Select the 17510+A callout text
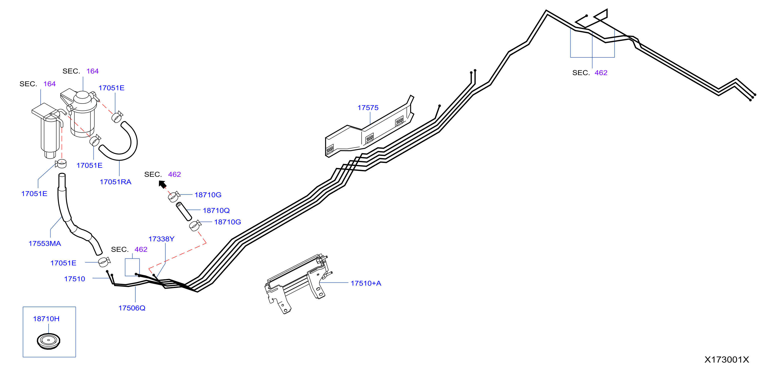(366, 283)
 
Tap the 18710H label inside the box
(46, 319)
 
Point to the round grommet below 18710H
(48, 341)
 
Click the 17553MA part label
(45, 244)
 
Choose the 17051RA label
(116, 182)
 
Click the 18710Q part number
(216, 210)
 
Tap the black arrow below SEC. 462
(163, 184)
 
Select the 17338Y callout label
(161, 239)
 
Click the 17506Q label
(132, 308)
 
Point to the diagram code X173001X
(727, 359)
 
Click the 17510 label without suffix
(75, 279)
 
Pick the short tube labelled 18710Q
(184, 212)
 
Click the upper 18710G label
(208, 195)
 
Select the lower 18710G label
(228, 222)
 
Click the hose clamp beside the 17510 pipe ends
(104, 262)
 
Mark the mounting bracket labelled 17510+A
(298, 283)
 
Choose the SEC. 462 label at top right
(590, 73)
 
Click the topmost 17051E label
(111, 88)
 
